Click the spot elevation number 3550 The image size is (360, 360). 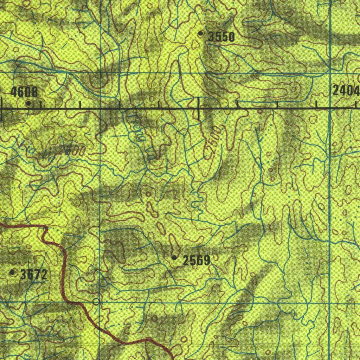(221, 37)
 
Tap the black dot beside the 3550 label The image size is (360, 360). (201, 34)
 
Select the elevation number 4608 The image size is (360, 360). (24, 92)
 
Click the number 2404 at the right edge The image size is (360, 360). (346, 91)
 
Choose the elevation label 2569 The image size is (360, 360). (197, 261)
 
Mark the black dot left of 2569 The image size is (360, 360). (174, 258)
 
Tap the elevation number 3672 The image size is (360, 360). (33, 275)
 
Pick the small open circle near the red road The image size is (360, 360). (96, 302)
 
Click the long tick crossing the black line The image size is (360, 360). (199, 109)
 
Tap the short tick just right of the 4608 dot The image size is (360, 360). (41, 105)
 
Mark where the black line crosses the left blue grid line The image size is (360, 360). (101, 109)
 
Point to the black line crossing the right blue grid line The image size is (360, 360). (330, 109)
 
